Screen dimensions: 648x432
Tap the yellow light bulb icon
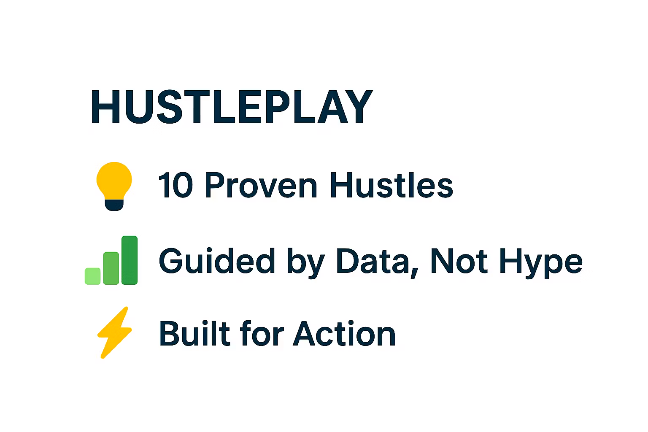pos(114,186)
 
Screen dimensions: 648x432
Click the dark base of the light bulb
pos(114,205)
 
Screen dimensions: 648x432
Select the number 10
pos(175,185)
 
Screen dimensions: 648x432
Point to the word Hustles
pos(391,185)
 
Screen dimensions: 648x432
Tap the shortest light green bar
pos(92,276)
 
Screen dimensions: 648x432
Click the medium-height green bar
pos(111,268)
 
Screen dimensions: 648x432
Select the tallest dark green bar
pos(130,260)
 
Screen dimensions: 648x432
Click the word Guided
pos(217,261)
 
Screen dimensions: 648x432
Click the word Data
pos(373,261)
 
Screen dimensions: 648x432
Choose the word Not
pos(459,261)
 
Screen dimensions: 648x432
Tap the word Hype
pos(541,263)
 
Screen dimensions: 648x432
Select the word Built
pos(194,333)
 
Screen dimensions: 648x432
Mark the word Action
pos(344,333)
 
